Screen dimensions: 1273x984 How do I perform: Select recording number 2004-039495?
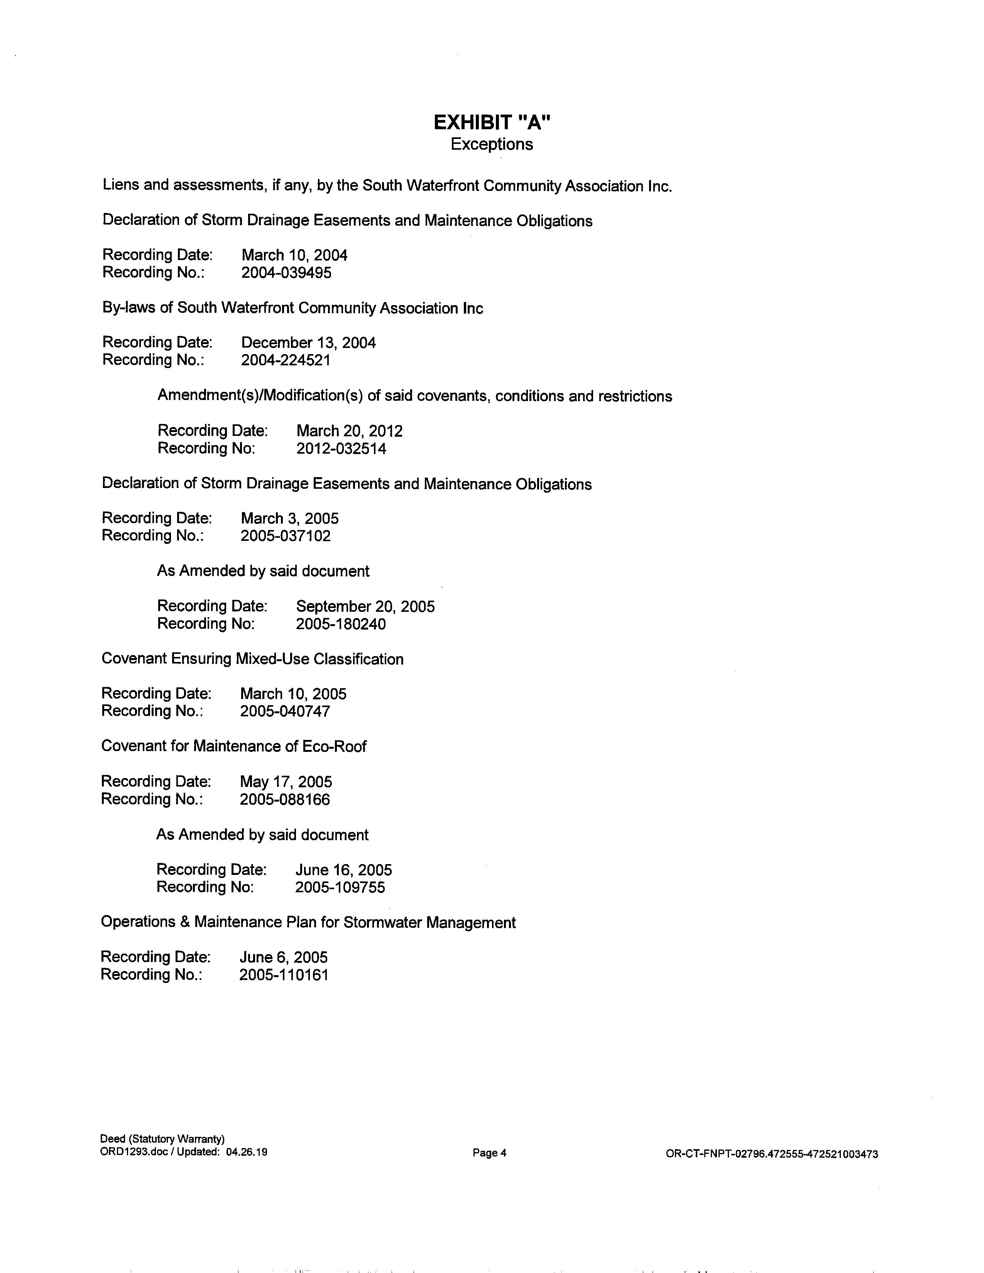click(x=286, y=273)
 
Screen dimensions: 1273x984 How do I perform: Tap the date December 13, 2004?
click(x=308, y=343)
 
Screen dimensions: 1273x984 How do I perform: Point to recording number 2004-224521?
click(x=286, y=360)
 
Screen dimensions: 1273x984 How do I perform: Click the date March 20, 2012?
click(x=349, y=431)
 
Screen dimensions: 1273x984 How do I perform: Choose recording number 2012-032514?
click(x=341, y=448)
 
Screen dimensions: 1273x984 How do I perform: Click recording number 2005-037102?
click(x=286, y=536)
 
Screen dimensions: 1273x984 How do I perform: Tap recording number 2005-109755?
click(x=340, y=887)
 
